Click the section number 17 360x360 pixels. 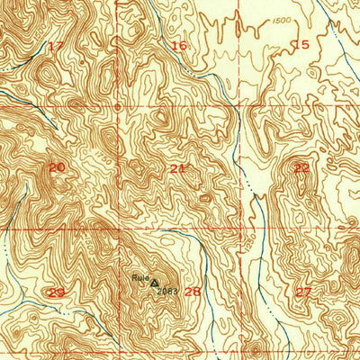coord(56,46)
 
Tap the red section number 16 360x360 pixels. coord(179,45)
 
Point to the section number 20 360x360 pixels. coord(57,167)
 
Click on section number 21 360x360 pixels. coord(178,168)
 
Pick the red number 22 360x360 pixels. coord(301,167)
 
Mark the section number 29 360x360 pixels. coord(56,292)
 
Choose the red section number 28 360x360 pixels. coord(193,292)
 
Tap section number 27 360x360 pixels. coord(303,292)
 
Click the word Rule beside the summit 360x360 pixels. coord(139,277)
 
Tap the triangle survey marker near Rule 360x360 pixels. coord(153,281)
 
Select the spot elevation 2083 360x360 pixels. coord(166,291)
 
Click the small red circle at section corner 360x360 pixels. coord(118,107)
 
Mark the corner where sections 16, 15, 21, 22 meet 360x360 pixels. coord(240,106)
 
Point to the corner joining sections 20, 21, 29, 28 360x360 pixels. coord(118,229)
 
